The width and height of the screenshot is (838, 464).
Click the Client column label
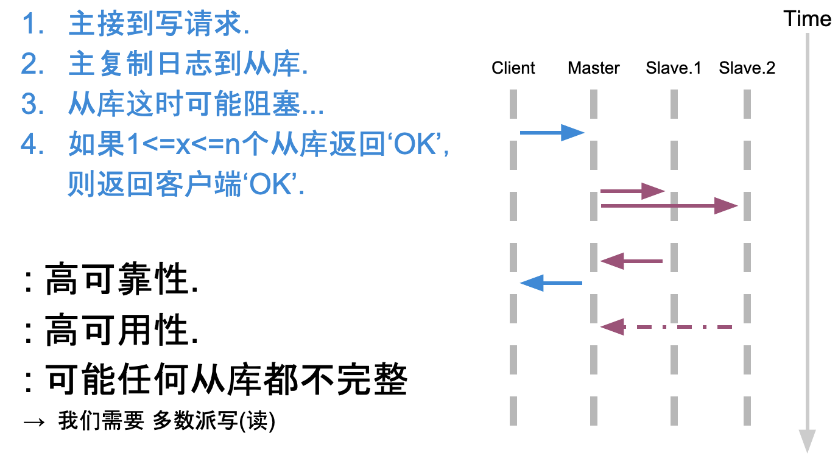513,68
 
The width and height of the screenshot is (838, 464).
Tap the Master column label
593,68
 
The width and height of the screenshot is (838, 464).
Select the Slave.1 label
674,68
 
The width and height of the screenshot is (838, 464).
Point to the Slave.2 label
747,68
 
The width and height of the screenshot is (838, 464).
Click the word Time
808,19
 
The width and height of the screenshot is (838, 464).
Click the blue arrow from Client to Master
552,133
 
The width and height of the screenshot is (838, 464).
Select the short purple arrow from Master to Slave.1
632,191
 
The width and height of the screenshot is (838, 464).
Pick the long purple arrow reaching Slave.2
669,206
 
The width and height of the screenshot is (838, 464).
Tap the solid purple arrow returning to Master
632,261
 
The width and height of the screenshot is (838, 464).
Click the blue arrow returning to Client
551,283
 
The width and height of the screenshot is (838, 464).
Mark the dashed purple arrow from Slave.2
666,327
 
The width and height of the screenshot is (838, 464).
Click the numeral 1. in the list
33,24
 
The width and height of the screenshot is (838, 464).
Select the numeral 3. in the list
32,104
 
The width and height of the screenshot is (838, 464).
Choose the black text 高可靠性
121,279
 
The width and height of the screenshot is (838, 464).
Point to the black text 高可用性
121,330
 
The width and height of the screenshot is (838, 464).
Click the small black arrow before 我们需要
34,423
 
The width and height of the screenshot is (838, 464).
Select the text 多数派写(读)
214,421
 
